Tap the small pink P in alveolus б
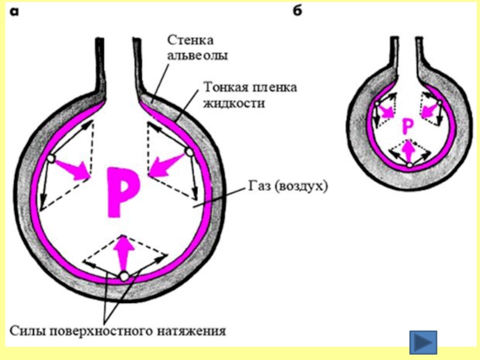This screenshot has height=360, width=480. click(x=407, y=125)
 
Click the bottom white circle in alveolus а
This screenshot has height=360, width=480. click(x=124, y=276)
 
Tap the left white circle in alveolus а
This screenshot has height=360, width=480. click(x=51, y=158)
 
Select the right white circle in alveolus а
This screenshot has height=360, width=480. click(x=190, y=152)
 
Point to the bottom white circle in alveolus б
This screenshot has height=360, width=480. click(x=409, y=164)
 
